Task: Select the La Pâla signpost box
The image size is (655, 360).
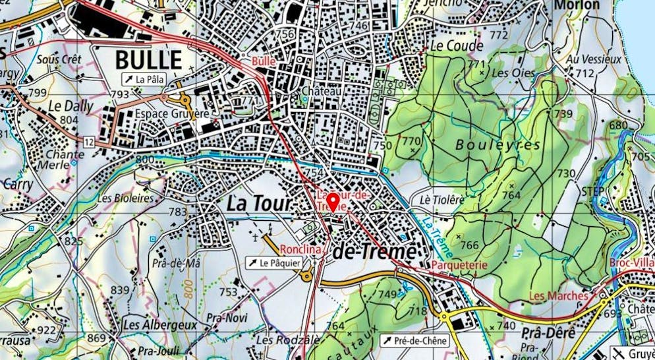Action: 142,80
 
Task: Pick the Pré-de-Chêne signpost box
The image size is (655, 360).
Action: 414,341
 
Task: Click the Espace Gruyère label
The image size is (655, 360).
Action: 171,113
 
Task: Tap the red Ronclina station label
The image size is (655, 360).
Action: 300,250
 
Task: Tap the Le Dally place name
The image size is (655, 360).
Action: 71,105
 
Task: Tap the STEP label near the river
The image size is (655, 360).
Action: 592,191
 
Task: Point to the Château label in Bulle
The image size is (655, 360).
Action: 320,91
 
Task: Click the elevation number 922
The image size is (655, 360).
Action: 46,330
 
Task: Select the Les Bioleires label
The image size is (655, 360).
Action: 125,197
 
